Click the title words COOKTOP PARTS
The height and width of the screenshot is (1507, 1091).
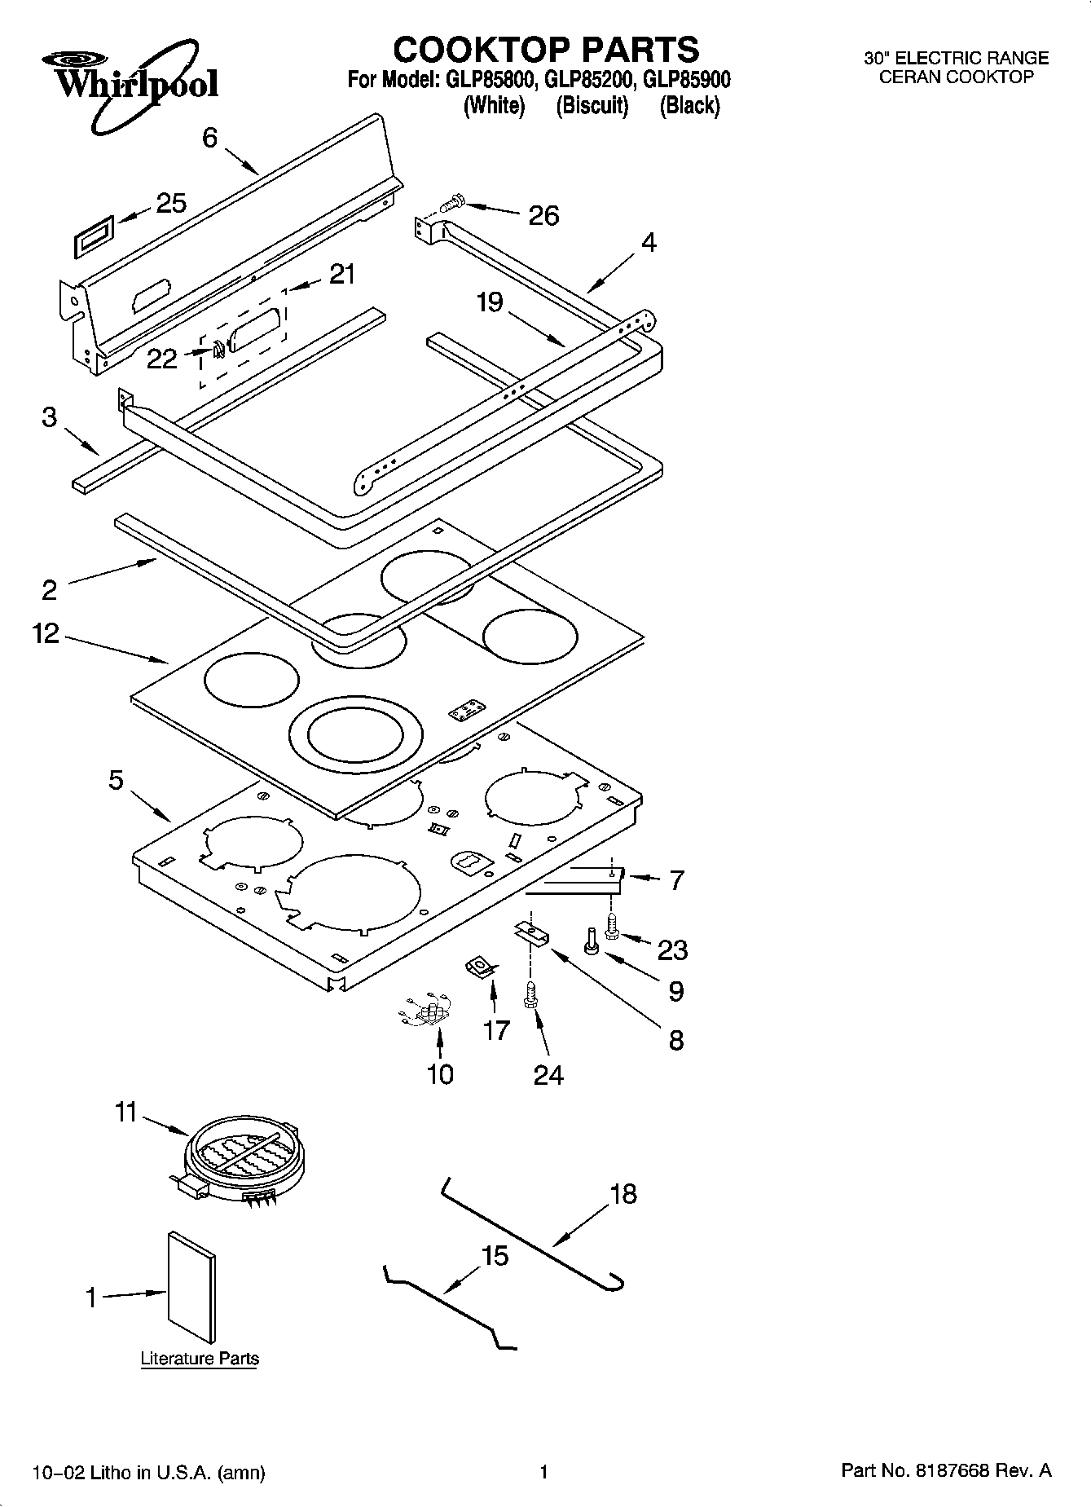pyautogui.click(x=546, y=50)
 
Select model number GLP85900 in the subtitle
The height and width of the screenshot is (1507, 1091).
pyautogui.click(x=686, y=80)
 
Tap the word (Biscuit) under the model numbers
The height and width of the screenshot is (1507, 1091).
pyautogui.click(x=592, y=106)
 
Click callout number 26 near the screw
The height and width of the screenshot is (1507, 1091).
pyautogui.click(x=543, y=215)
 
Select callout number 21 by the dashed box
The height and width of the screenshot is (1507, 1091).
pyautogui.click(x=342, y=274)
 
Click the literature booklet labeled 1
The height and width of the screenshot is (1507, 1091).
pyautogui.click(x=192, y=1288)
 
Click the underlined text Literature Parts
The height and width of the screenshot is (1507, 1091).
pyautogui.click(x=200, y=1359)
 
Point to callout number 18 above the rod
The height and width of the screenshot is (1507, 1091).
pyautogui.click(x=622, y=1195)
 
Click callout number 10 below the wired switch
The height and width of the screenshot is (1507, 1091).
pyautogui.click(x=440, y=1074)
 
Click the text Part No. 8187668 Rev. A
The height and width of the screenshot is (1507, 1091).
pyautogui.click(x=946, y=1471)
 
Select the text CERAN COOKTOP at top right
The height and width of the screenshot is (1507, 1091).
pyautogui.click(x=956, y=77)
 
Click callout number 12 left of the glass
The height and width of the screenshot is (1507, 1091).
pyautogui.click(x=46, y=633)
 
